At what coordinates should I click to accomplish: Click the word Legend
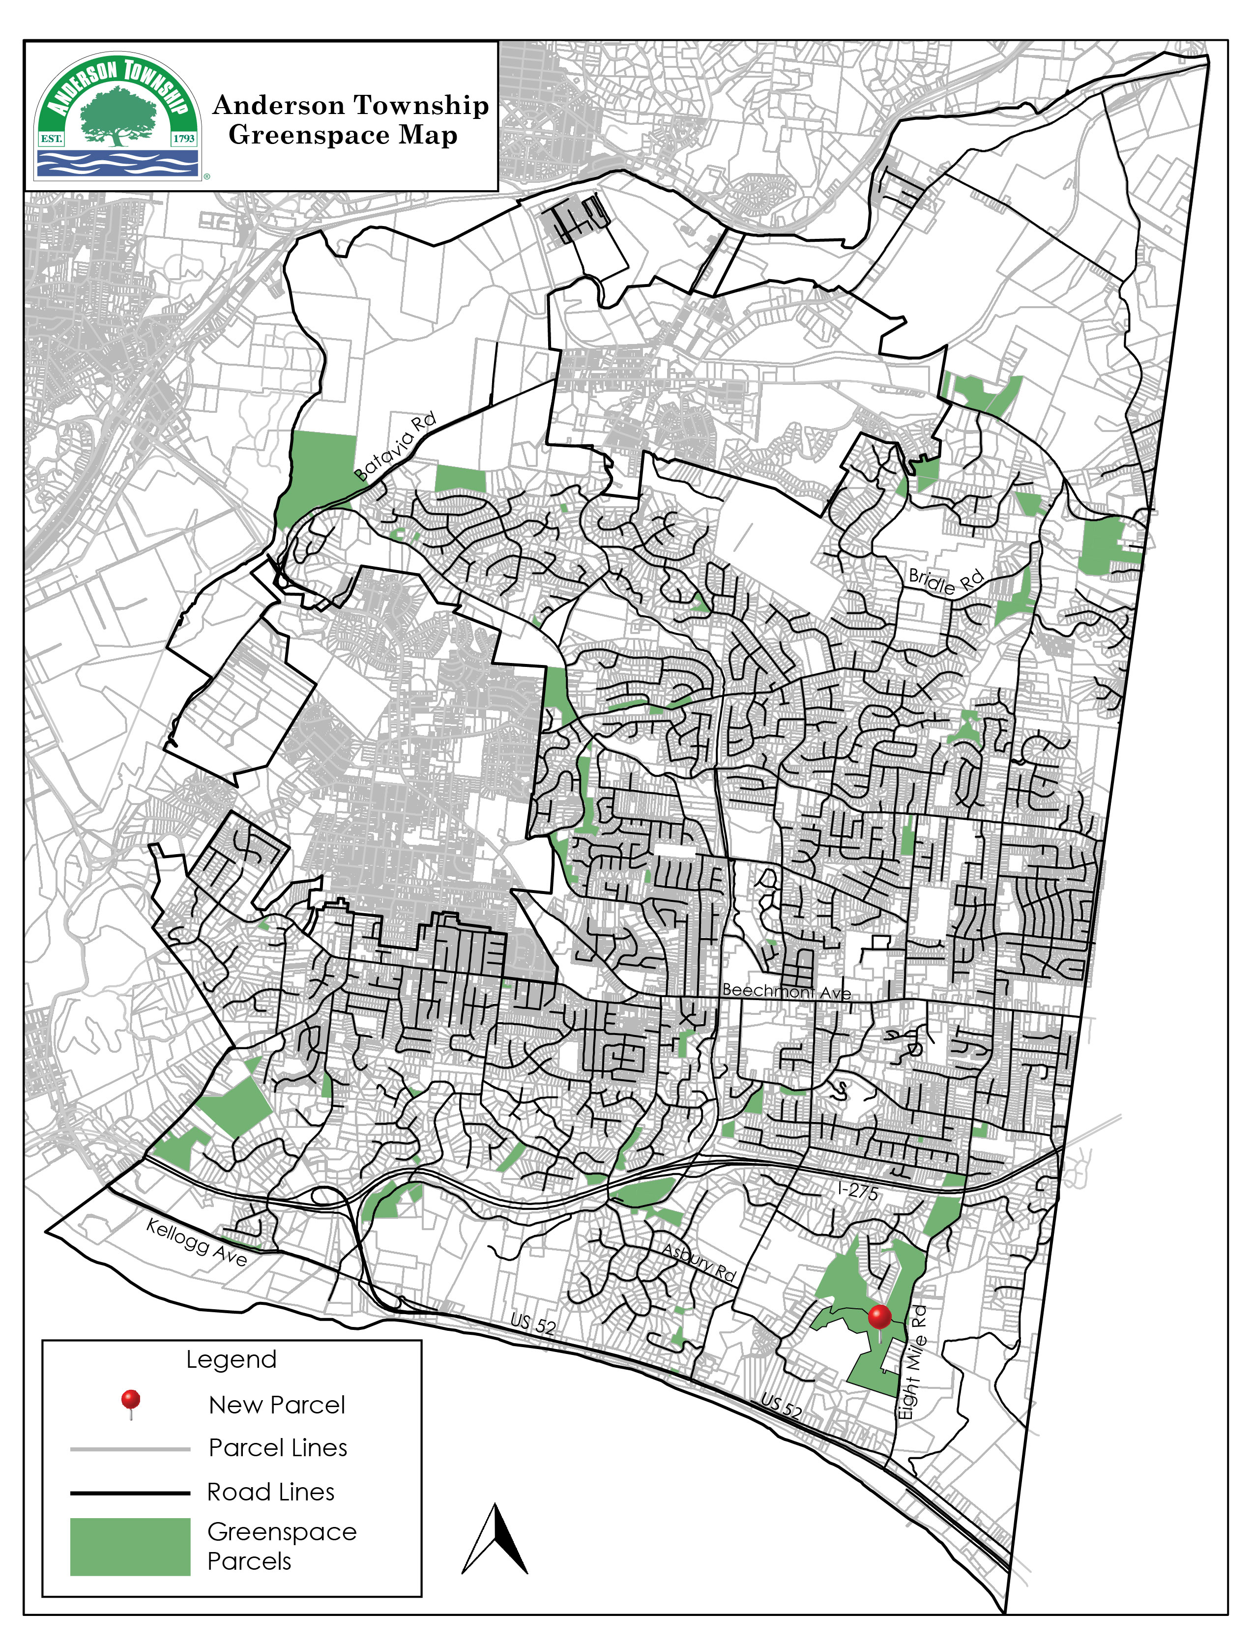pos(232,1359)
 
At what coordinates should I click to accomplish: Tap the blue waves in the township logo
pos(118,163)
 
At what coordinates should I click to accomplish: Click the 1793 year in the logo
pos(184,138)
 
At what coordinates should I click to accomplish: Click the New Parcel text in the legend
pos(277,1405)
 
